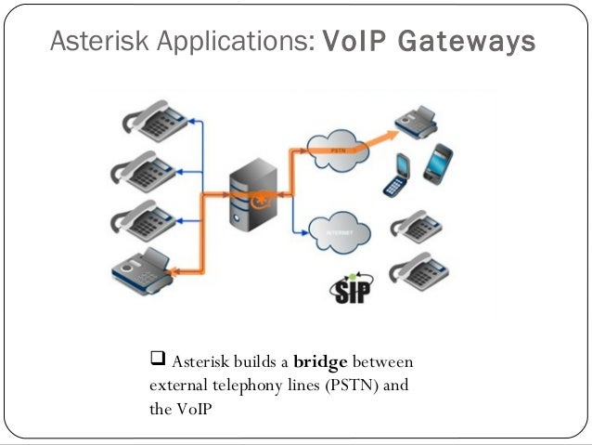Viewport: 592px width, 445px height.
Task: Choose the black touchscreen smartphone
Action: pos(438,164)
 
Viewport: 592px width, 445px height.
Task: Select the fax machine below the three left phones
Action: pos(145,268)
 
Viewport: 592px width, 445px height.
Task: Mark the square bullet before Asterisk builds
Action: pos(157,360)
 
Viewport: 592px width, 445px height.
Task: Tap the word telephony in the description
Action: pos(242,385)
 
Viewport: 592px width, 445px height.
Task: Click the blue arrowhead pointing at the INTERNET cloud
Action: pos(308,229)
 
